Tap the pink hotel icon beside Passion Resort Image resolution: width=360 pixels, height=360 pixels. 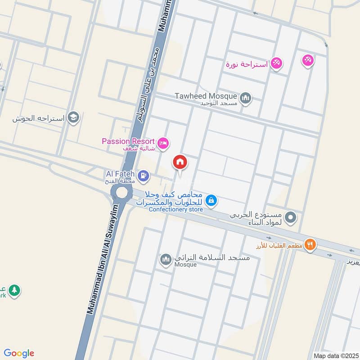tap(163, 143)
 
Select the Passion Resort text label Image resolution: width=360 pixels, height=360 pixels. tap(128, 141)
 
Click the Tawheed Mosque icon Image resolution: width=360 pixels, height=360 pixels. tap(245, 98)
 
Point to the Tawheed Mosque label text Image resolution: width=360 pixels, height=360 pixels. tap(206, 96)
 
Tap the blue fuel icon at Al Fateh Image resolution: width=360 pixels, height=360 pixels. tap(144, 175)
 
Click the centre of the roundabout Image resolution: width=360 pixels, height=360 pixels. tap(122, 193)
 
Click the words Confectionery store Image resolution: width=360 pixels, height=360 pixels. tap(176, 209)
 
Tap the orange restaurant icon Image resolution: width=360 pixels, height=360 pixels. tap(310, 245)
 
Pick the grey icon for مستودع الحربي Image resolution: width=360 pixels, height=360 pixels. tap(292, 218)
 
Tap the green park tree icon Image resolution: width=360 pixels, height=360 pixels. tap(15, 290)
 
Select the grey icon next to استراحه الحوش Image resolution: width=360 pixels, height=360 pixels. tap(74, 118)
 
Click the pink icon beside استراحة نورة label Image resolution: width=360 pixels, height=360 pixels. tap(277, 64)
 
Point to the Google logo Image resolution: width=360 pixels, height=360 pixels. tap(19, 353)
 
